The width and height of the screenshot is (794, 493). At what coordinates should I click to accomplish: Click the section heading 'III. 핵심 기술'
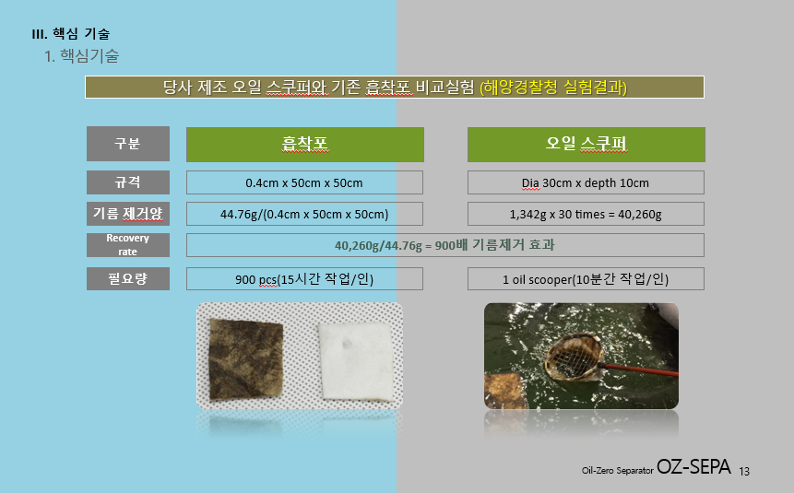click(x=70, y=34)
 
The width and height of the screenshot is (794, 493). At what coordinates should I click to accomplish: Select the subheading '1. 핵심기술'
click(x=81, y=55)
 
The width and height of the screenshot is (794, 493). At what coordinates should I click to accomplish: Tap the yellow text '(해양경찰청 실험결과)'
click(x=553, y=87)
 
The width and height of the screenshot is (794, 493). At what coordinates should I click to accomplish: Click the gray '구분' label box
click(x=128, y=144)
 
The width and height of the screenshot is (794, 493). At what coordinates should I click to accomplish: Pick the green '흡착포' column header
click(x=305, y=145)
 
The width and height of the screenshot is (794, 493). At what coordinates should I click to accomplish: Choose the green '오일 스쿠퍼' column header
click(x=586, y=145)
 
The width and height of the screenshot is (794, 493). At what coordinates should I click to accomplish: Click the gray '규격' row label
click(x=128, y=182)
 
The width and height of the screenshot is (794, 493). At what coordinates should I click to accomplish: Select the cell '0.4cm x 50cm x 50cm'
click(x=304, y=182)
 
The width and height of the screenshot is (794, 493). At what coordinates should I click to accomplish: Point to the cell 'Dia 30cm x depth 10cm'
click(x=586, y=182)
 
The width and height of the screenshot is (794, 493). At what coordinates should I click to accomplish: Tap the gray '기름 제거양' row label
click(x=128, y=214)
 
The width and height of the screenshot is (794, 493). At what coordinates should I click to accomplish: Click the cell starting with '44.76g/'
click(x=304, y=214)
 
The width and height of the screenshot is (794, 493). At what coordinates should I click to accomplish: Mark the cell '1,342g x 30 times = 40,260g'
click(x=586, y=214)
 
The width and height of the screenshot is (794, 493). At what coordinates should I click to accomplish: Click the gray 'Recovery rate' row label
click(x=128, y=245)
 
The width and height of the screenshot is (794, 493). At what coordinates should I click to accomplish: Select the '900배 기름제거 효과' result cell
click(x=445, y=245)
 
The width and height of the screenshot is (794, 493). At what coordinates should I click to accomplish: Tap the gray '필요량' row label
click(x=128, y=278)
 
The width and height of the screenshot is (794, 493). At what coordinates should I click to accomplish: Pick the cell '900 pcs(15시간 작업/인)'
click(x=304, y=278)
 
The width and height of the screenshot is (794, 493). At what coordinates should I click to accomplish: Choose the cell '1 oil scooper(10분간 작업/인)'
click(x=586, y=278)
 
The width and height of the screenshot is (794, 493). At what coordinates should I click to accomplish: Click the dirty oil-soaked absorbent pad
click(x=245, y=358)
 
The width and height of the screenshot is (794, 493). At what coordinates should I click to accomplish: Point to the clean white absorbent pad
click(x=356, y=361)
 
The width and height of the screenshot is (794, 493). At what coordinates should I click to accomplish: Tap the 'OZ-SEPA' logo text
click(x=693, y=466)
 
